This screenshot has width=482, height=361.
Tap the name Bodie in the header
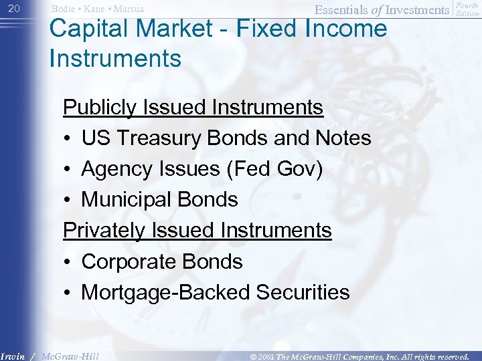[64, 9]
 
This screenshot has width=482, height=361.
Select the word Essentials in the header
[339, 9]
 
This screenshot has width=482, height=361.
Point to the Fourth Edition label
[467, 9]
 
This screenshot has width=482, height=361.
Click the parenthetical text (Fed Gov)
[274, 168]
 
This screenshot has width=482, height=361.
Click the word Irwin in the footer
[13, 356]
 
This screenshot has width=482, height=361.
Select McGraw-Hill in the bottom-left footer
[70, 356]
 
